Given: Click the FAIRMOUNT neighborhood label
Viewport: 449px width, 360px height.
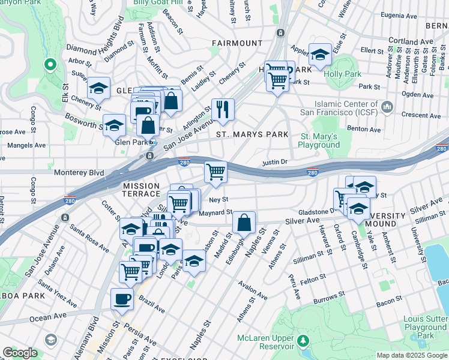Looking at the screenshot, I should click(237, 43).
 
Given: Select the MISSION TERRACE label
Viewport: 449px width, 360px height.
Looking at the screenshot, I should click(142, 190).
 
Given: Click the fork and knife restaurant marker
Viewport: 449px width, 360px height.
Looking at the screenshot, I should click(223, 109).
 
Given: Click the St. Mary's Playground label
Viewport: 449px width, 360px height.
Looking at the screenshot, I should click(319, 141).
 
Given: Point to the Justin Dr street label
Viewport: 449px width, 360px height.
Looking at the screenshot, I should click(276, 162).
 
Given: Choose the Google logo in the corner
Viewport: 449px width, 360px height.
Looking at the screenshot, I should click(20, 353).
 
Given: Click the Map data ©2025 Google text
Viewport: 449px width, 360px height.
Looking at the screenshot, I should click(411, 355).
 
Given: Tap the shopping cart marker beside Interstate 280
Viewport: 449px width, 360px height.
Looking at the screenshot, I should click(215, 172).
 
